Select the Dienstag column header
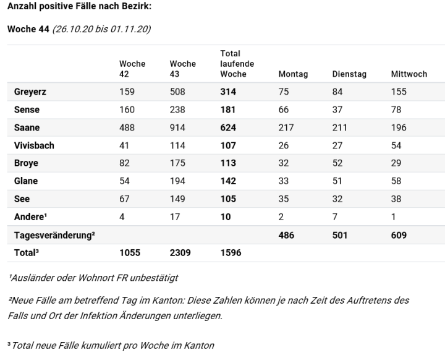pos(349,74)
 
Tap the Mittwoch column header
pos(409,74)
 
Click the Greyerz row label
pos(30,92)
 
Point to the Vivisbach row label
pos(34,145)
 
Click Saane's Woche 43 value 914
pos(177,127)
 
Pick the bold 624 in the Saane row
pos(228,127)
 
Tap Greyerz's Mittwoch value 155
pos(399,92)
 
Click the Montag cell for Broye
pos(284,163)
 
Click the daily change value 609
pos(399,236)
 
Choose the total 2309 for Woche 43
pos(180,253)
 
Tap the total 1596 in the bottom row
pos(231,253)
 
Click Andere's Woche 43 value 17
pos(174,218)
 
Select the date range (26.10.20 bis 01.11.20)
pos(101,29)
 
